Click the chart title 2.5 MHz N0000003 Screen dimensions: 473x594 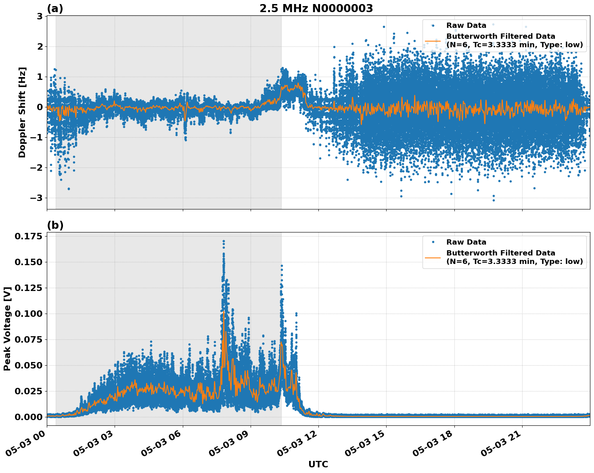tap(316, 8)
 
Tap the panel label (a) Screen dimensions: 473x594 tap(55, 8)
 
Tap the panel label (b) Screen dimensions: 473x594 tap(55, 225)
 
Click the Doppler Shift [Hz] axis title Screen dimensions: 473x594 tap(22, 112)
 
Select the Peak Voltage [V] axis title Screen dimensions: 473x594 tap(7, 329)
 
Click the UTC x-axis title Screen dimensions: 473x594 tap(318, 464)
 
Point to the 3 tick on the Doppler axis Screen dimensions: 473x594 tap(40, 16)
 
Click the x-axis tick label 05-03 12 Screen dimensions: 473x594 tap(299, 444)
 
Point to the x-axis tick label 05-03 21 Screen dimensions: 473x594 tap(502, 444)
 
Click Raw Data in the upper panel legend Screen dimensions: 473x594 tap(466, 25)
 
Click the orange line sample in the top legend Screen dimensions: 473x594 tap(433, 40)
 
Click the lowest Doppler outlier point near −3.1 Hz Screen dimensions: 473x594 tap(493, 200)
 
